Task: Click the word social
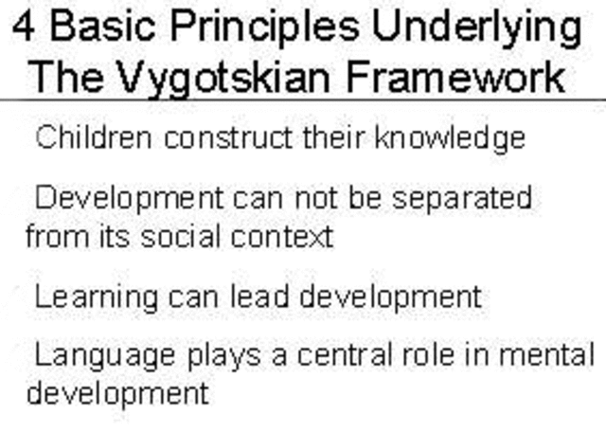184,234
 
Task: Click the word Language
104,358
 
